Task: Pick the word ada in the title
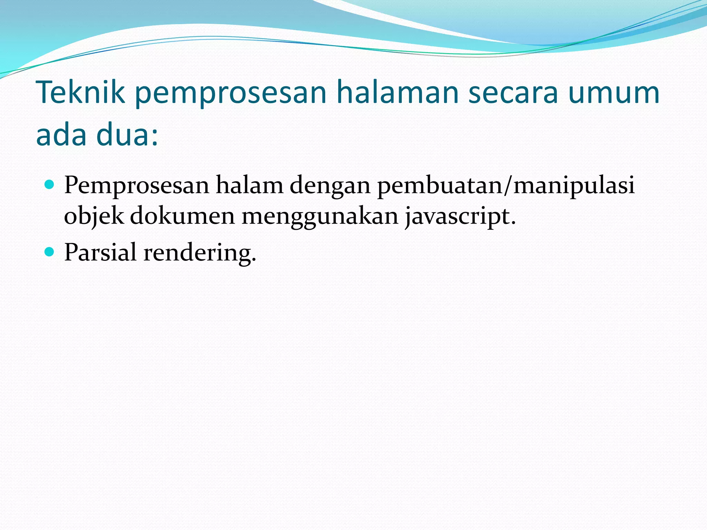click(x=61, y=134)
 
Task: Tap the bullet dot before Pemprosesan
click(x=50, y=185)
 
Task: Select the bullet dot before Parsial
click(x=50, y=252)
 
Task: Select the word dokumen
click(x=182, y=216)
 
